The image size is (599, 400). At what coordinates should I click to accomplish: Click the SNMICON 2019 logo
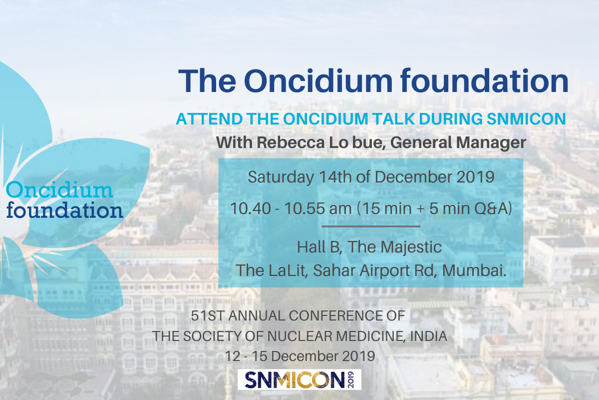pos(299,379)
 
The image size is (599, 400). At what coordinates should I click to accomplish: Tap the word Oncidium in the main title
pos(318,81)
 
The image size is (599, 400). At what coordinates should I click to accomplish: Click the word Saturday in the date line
pos(281,177)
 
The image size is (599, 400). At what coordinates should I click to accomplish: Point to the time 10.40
pos(251,208)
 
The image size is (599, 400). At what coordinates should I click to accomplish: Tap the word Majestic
pos(411,247)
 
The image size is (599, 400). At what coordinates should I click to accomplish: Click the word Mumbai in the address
pos(474,270)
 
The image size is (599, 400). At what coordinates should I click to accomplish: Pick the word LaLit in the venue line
pos(287,270)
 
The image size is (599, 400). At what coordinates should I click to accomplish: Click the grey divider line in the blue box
pos(370,226)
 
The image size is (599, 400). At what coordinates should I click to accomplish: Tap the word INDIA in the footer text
pos(428,336)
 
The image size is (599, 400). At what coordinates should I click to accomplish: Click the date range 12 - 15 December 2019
pos(300,356)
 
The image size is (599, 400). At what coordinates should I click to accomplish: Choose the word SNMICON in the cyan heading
pos(526,118)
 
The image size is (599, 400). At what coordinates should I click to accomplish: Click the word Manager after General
pos(491,143)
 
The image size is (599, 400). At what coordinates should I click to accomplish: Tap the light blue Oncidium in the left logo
pos(59,189)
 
